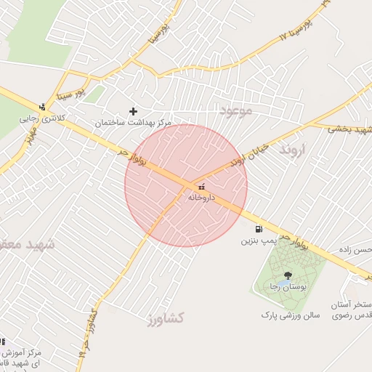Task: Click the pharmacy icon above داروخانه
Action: click(x=201, y=187)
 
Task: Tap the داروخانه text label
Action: click(x=201, y=197)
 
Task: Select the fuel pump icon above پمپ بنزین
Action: click(x=259, y=229)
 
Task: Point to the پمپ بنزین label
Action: click(x=259, y=240)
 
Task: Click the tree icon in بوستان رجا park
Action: click(x=288, y=275)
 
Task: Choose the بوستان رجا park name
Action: click(x=286, y=287)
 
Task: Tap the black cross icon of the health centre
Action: click(x=133, y=111)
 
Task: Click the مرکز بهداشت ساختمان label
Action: click(x=134, y=123)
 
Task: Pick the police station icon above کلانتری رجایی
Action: click(x=42, y=106)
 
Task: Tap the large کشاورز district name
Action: click(x=164, y=318)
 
